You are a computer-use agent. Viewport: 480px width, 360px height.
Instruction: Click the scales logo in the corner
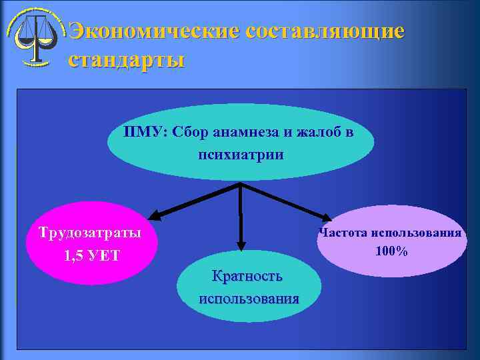pos(34,37)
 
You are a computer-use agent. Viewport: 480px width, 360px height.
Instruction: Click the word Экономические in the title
pos(154,31)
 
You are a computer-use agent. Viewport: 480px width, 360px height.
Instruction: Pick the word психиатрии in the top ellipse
pos(241,155)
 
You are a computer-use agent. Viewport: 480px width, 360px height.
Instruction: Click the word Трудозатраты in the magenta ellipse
pos(90,233)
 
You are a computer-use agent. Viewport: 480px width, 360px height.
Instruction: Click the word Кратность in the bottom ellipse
pos(247,276)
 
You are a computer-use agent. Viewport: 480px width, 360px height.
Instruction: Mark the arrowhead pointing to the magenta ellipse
pos(155,215)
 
